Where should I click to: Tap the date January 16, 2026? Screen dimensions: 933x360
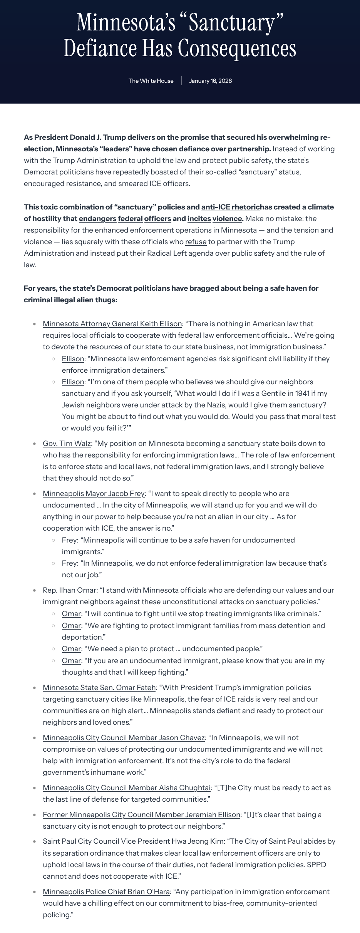[210, 81]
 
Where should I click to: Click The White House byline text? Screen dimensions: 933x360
[151, 81]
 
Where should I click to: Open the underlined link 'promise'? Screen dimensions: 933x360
[194, 137]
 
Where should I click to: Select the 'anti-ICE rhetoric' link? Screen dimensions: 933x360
[230, 207]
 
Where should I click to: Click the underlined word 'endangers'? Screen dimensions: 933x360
[97, 219]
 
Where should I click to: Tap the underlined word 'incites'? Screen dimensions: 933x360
[199, 219]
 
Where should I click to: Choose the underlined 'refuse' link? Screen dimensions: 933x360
[196, 242]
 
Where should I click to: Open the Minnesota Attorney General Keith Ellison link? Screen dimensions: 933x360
[112, 324]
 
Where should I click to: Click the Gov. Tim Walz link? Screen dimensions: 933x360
[67, 444]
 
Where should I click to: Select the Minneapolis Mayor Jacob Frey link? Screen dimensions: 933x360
[94, 494]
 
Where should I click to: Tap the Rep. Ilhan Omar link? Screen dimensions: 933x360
[69, 590]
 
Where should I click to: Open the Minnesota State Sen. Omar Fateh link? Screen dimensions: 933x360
[99, 688]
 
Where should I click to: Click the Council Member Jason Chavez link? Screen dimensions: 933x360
[124, 738]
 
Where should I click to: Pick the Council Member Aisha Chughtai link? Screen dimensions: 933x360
[127, 788]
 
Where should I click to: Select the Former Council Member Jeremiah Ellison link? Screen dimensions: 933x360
[141, 815]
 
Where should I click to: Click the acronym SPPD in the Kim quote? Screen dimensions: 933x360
[316, 865]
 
